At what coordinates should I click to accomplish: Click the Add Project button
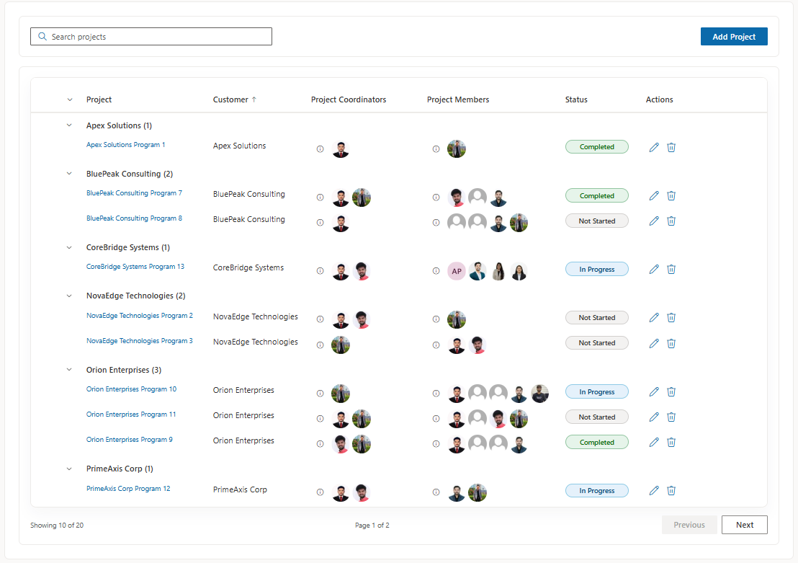pos(734,37)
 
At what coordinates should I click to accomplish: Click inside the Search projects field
pos(151,37)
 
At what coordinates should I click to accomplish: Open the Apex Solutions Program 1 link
pos(126,145)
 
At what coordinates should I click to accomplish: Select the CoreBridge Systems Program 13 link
pos(135,267)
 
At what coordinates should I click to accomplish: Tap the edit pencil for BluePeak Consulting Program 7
pos(654,195)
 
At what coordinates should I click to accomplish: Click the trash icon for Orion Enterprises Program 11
pos(671,417)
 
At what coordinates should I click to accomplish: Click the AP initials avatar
pos(457,271)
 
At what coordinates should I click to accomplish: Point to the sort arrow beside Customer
pos(254,99)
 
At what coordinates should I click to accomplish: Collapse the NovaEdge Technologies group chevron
pos(69,296)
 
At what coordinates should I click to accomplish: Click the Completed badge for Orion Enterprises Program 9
pos(597,442)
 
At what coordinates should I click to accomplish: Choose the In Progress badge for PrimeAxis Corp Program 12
pos(597,491)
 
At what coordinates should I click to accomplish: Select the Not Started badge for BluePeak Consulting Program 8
pos(597,221)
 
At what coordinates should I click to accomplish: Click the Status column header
pos(576,99)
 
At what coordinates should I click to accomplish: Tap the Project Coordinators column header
pos(349,99)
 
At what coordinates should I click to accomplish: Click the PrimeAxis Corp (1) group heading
pos(120,469)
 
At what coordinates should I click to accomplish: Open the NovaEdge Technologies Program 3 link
pos(140,341)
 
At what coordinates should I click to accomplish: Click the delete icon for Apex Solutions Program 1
pos(671,147)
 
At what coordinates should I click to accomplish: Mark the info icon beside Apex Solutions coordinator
pos(320,149)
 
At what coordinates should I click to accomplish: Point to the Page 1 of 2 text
pos(372,526)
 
